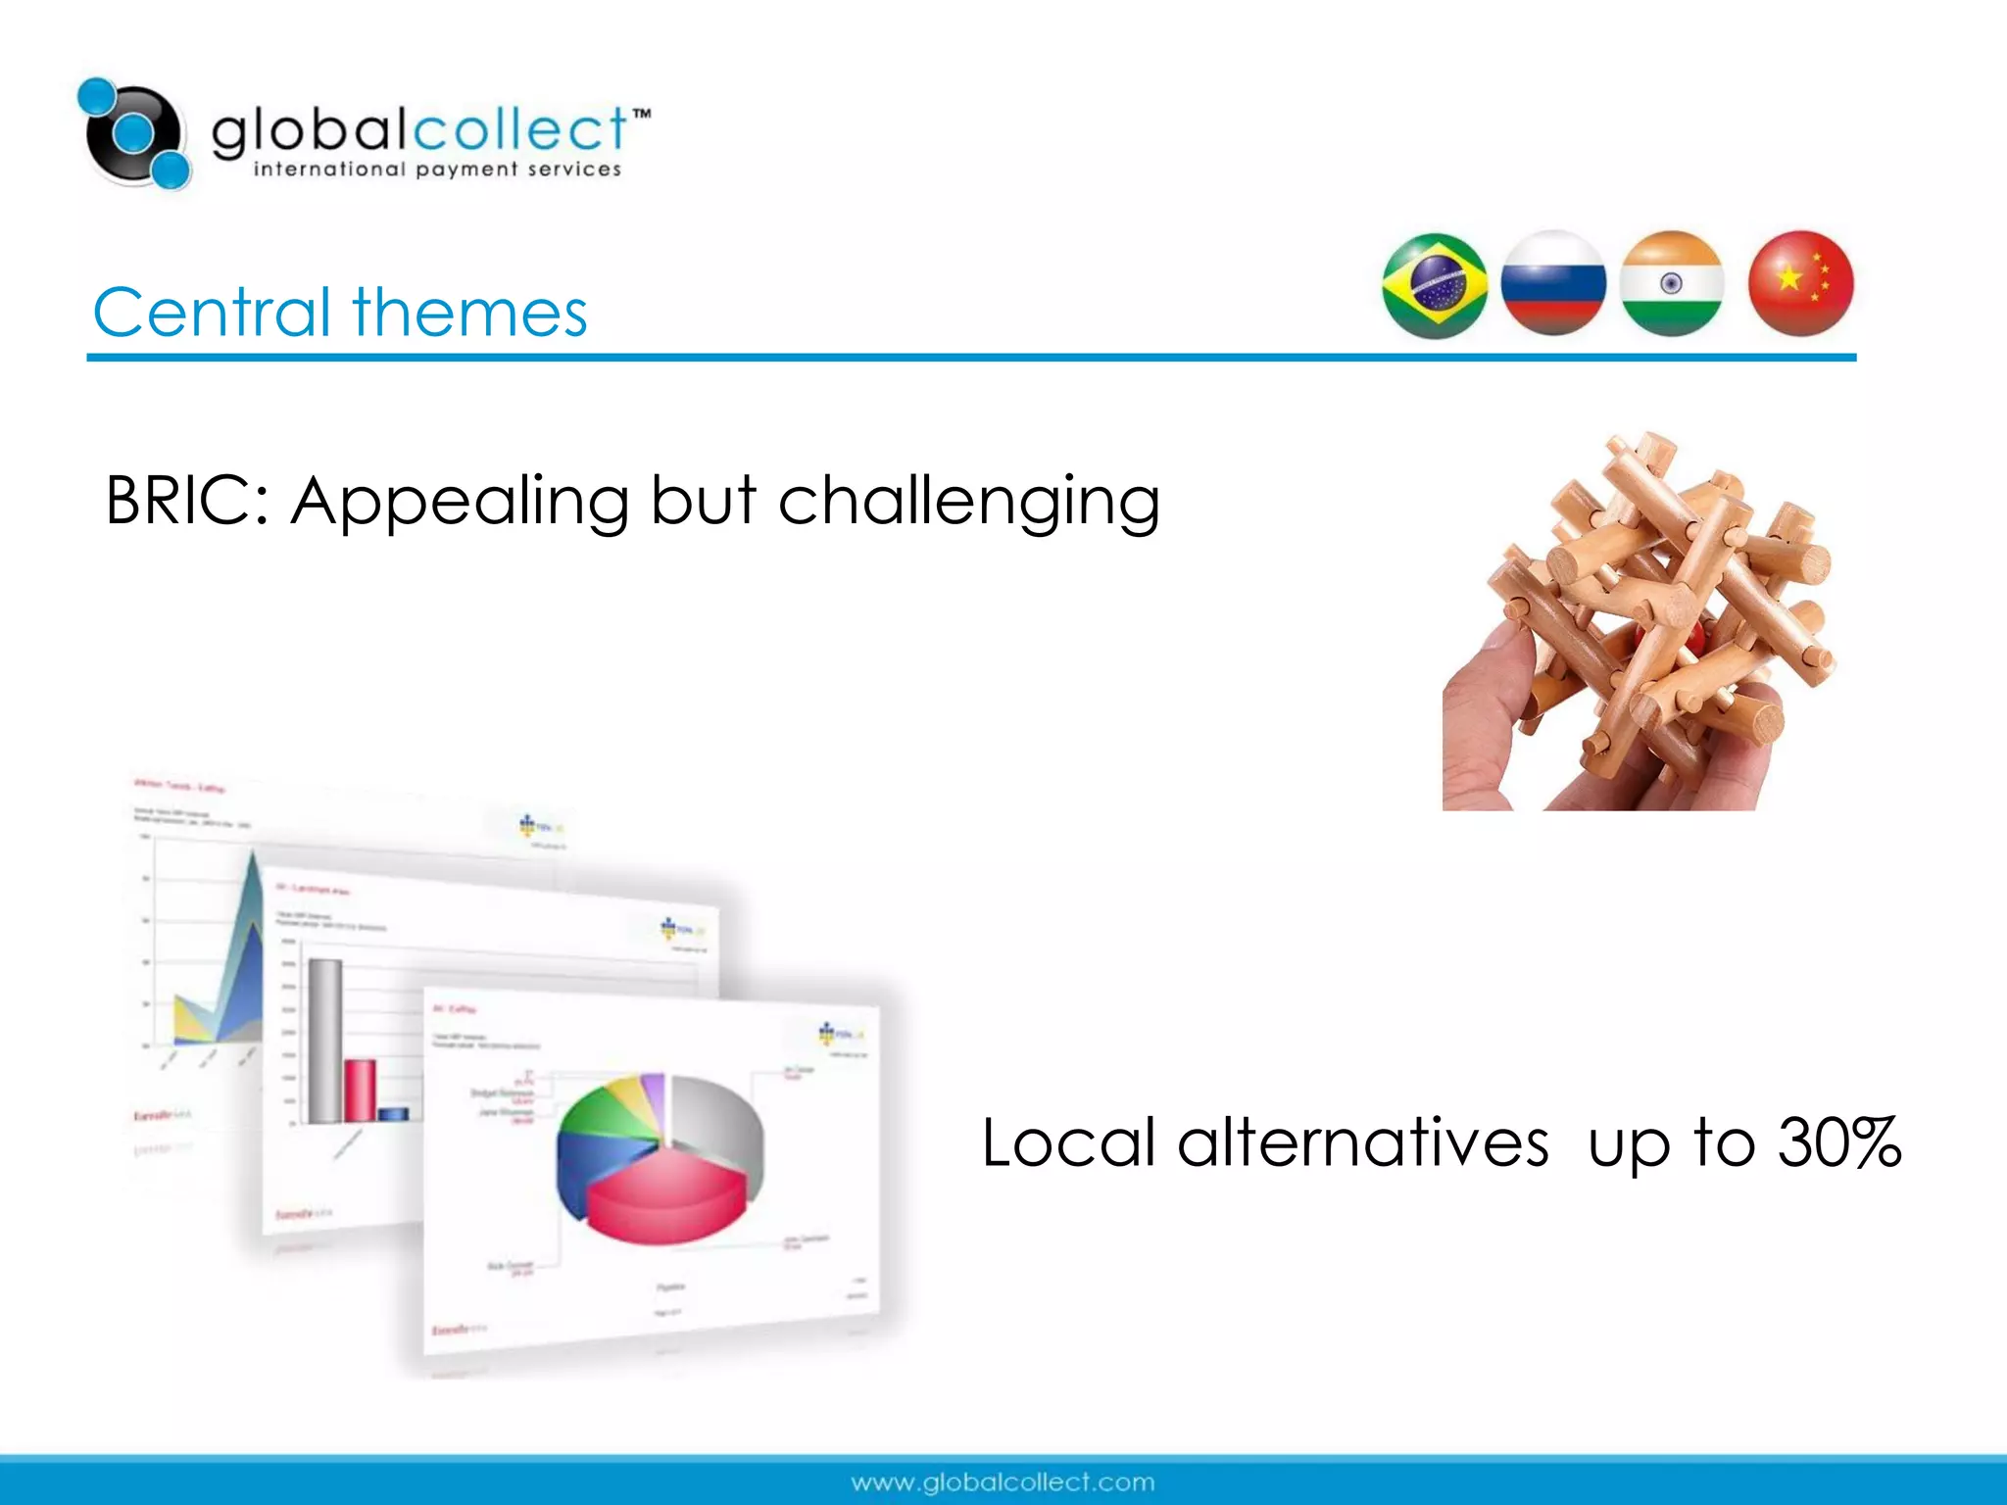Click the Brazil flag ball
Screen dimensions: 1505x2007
(x=1435, y=285)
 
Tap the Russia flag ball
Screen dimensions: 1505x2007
(x=1553, y=283)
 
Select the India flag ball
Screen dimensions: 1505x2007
(x=1672, y=283)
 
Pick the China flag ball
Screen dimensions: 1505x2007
(x=1800, y=283)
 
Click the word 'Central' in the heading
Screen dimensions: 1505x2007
(x=212, y=313)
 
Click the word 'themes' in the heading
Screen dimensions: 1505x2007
(x=469, y=313)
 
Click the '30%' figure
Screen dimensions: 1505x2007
(x=1839, y=1142)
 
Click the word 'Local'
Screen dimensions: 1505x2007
(x=1068, y=1142)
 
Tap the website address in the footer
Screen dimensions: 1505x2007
(x=1003, y=1481)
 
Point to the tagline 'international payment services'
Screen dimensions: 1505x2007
(x=437, y=170)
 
